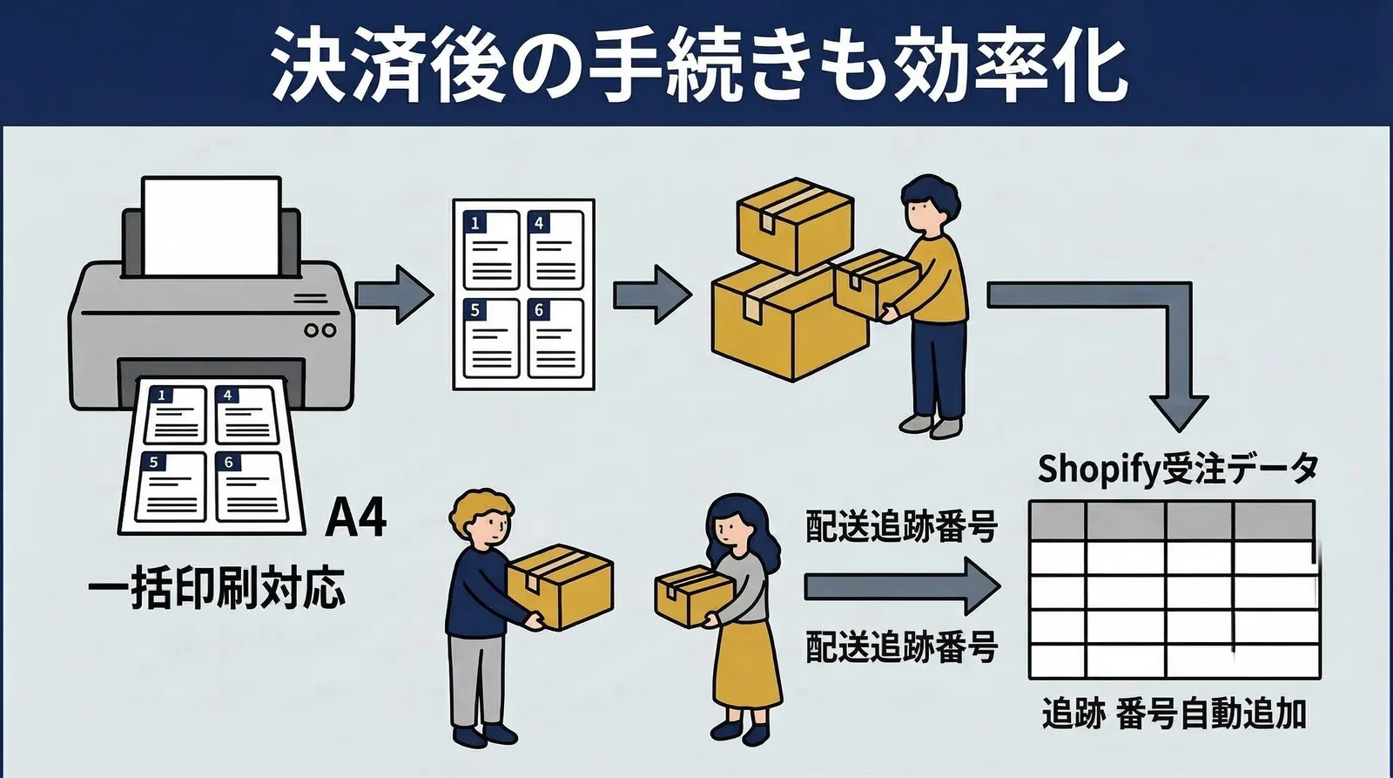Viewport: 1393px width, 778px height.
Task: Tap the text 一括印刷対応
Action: click(x=217, y=589)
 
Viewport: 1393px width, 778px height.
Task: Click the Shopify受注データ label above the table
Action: click(x=1177, y=470)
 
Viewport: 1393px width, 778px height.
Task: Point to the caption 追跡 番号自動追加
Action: click(x=1174, y=714)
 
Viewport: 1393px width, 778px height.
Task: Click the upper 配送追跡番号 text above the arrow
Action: click(x=900, y=526)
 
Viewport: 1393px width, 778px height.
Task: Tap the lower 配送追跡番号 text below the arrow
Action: click(x=900, y=647)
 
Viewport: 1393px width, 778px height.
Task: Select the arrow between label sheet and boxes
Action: click(x=651, y=294)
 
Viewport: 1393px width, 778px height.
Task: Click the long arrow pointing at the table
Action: click(x=900, y=587)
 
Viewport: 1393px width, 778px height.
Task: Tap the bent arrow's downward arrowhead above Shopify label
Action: click(x=1178, y=409)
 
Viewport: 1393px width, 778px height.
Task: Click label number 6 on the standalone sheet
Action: click(x=539, y=310)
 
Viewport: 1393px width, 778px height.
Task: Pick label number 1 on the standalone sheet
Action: click(x=474, y=223)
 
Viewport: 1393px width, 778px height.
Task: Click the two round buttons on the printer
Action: click(x=320, y=330)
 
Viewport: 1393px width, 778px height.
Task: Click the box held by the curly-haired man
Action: click(x=561, y=586)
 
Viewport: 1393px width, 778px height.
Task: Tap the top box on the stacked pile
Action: click(x=793, y=224)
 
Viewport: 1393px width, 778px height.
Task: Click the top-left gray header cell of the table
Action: click(x=1057, y=521)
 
